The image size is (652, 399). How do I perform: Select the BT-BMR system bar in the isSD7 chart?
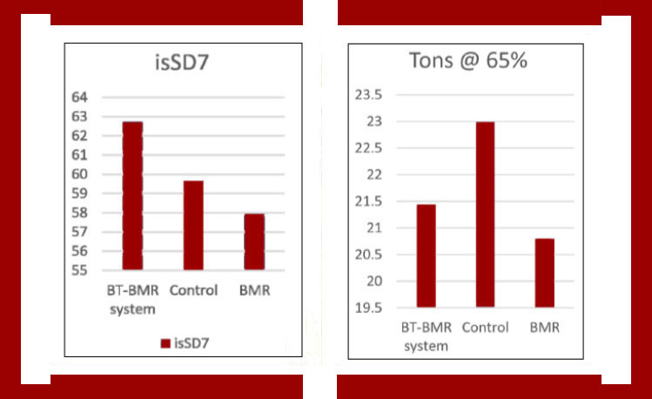click(x=132, y=195)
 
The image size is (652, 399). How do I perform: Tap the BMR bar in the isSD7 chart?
click(x=253, y=241)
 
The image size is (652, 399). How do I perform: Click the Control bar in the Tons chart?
click(x=485, y=214)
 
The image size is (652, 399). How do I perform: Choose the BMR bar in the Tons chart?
click(x=544, y=273)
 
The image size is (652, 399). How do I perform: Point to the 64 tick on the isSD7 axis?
click(x=79, y=97)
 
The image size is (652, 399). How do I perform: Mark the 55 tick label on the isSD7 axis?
click(x=79, y=270)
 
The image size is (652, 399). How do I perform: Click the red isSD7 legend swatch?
click(x=161, y=343)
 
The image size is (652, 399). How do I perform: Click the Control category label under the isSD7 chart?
click(x=193, y=290)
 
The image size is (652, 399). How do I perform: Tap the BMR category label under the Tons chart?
click(x=544, y=328)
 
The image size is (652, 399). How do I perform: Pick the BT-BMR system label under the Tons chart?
click(x=425, y=336)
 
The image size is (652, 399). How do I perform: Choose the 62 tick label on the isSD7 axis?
click(x=79, y=135)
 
